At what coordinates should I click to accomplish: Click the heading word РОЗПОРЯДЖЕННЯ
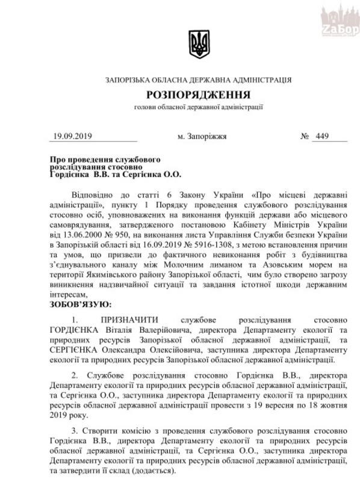pyautogui.click(x=198, y=96)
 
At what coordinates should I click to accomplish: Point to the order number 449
pyautogui.click(x=323, y=136)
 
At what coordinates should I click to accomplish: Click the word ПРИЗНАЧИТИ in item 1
pyautogui.click(x=130, y=321)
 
